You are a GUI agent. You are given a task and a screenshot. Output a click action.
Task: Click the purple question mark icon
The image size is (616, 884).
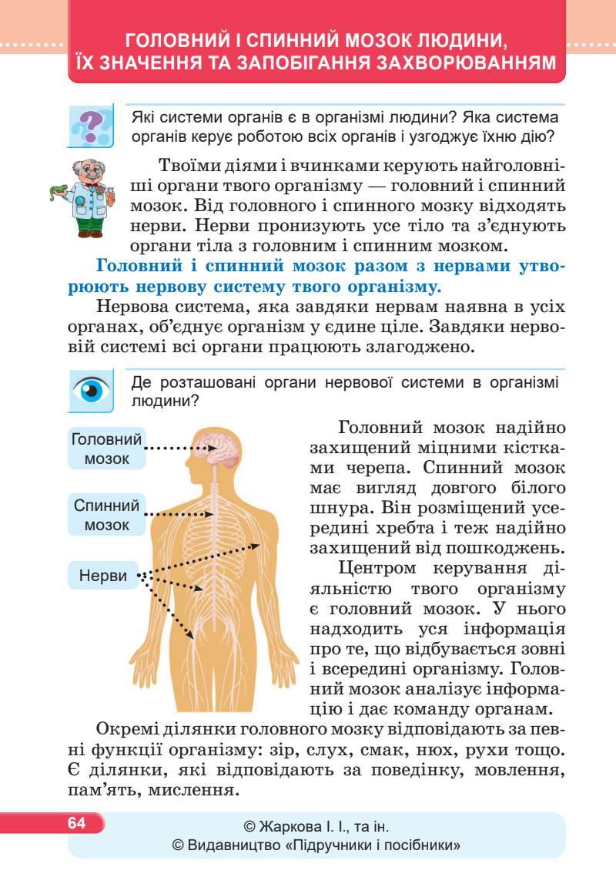(x=91, y=125)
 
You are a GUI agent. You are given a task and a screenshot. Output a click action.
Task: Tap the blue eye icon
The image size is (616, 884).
(x=91, y=390)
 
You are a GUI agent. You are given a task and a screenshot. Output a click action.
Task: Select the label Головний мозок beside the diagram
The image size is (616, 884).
(x=107, y=449)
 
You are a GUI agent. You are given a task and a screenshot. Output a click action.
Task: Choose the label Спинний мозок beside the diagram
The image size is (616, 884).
(x=107, y=516)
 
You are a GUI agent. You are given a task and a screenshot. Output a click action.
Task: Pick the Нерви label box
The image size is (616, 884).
(x=102, y=576)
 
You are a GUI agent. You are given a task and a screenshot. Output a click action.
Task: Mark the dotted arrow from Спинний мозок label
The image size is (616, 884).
(x=174, y=514)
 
